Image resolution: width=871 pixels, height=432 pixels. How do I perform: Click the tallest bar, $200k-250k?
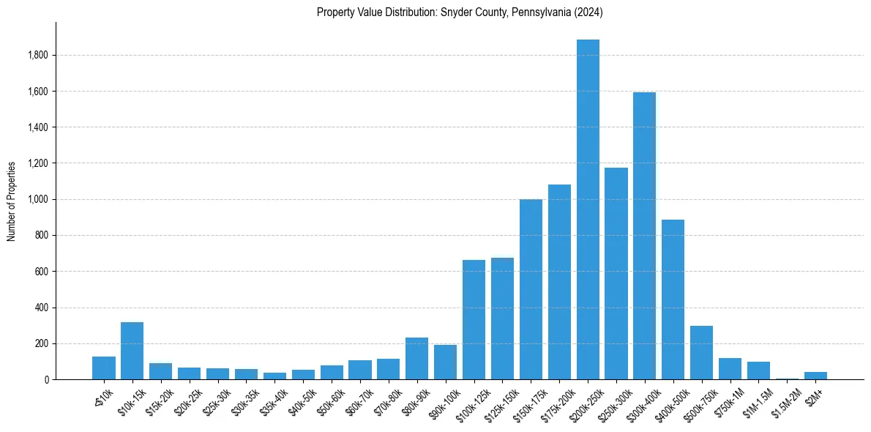tap(588, 209)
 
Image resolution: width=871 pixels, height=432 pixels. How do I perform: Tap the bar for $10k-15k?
tap(132, 351)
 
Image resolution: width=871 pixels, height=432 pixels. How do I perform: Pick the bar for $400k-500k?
tap(673, 299)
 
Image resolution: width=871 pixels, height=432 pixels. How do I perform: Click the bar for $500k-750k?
tap(702, 353)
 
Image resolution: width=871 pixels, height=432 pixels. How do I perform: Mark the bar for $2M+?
tap(815, 376)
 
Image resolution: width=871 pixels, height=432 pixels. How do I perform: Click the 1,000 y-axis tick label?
tap(38, 199)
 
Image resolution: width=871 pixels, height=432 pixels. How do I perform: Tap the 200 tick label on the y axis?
tap(42, 343)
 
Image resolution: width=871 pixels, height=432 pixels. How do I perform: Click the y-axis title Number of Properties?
tap(12, 201)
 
